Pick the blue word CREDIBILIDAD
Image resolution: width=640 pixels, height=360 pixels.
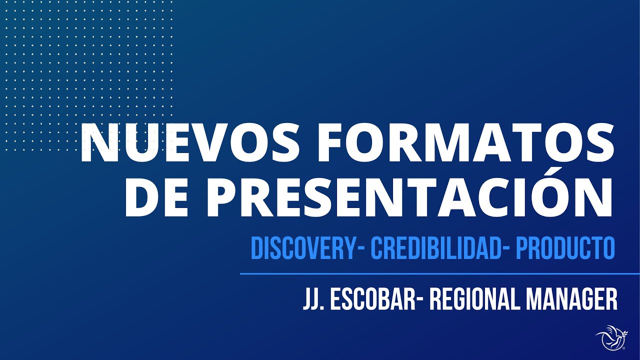pos(435,248)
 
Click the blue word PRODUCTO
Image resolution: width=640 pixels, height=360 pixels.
pos(564,248)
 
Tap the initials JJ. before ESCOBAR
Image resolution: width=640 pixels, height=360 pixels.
pos(313,299)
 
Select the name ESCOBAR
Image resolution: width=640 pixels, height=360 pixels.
pos(372,299)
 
